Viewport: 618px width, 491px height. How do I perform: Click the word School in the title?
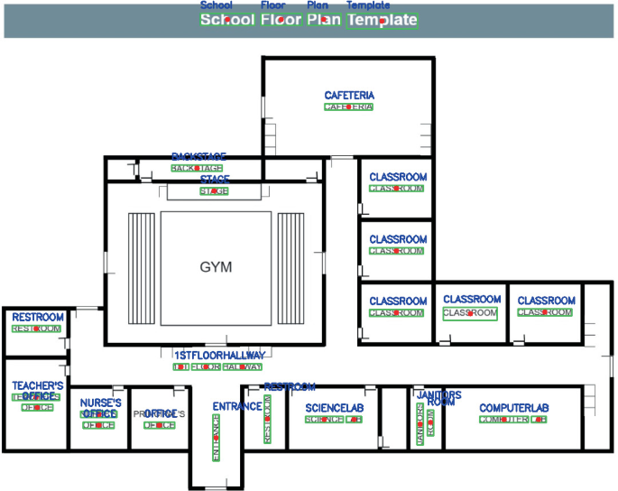click(x=227, y=20)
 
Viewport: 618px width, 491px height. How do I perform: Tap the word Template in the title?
click(x=383, y=20)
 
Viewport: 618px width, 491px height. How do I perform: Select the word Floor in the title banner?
click(x=281, y=20)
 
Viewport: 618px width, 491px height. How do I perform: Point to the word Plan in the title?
click(x=324, y=20)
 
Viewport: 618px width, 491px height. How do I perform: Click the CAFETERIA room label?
click(x=349, y=107)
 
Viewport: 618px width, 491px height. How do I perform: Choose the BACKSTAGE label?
click(x=197, y=168)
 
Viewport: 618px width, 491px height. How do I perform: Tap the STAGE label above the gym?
click(x=214, y=191)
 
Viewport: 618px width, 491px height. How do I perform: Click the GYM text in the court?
click(x=217, y=267)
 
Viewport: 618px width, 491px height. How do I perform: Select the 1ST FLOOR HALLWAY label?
click(x=217, y=367)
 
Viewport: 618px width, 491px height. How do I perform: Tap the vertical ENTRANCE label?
click(x=216, y=438)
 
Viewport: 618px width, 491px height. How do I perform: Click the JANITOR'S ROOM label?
click(x=425, y=419)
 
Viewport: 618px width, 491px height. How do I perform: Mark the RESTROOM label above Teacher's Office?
click(x=37, y=329)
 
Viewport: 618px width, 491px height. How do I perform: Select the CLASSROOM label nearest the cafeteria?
click(x=396, y=189)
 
